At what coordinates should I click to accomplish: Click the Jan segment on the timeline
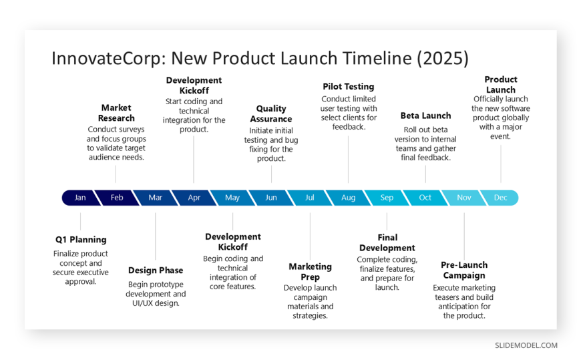pyautogui.click(x=80, y=198)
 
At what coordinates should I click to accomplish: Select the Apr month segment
pyautogui.click(x=194, y=198)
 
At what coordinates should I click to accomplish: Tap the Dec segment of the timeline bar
pyautogui.click(x=500, y=198)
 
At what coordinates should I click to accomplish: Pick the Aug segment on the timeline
pyautogui.click(x=349, y=198)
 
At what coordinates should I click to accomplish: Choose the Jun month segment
pyautogui.click(x=271, y=198)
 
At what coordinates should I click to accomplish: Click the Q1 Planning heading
pyautogui.click(x=81, y=240)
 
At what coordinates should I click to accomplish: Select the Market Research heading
pyautogui.click(x=116, y=113)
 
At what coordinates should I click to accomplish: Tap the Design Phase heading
pyautogui.click(x=156, y=271)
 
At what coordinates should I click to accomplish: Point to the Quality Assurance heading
pyautogui.click(x=271, y=114)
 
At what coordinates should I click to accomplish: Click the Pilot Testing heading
pyautogui.click(x=349, y=86)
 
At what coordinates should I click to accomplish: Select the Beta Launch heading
pyautogui.click(x=426, y=116)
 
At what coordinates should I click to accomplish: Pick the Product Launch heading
pyautogui.click(x=501, y=85)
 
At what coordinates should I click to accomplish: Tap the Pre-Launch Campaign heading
pyautogui.click(x=464, y=270)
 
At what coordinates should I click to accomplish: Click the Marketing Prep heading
pyautogui.click(x=310, y=272)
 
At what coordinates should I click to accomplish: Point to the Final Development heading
pyautogui.click(x=387, y=242)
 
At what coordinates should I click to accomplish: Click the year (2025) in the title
pyautogui.click(x=443, y=58)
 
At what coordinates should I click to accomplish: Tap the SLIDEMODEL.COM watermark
pyautogui.click(x=526, y=345)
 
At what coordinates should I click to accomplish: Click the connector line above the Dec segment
pyautogui.click(x=501, y=164)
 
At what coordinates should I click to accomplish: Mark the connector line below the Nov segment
pyautogui.click(x=464, y=236)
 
